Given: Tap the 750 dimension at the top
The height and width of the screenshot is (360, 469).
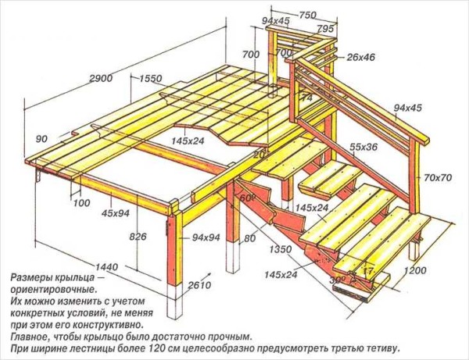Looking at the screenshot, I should pyautogui.click(x=306, y=15).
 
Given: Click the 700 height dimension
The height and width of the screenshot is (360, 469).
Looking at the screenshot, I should pyautogui.click(x=251, y=55).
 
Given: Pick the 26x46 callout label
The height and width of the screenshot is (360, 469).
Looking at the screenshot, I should pyautogui.click(x=360, y=57).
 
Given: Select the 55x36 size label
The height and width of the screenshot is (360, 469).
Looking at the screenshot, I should pyautogui.click(x=363, y=147).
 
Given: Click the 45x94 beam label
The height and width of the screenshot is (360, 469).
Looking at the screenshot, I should pyautogui.click(x=115, y=212).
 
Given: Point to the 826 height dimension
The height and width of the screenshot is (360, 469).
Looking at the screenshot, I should pyautogui.click(x=138, y=237).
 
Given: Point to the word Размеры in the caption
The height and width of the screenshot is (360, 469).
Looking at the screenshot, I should pyautogui.click(x=32, y=278).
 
